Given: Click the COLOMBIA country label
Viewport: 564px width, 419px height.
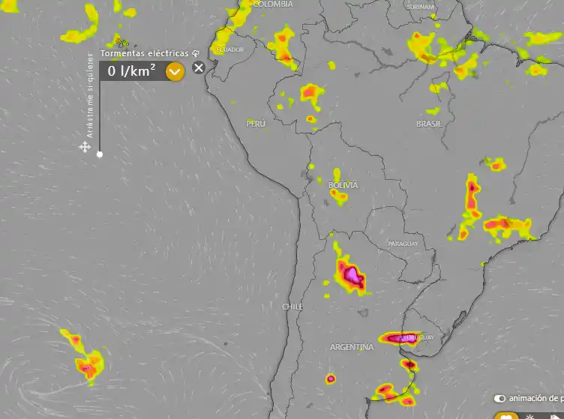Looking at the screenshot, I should click(x=273, y=4).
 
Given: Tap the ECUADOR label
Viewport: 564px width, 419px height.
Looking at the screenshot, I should click(x=230, y=49).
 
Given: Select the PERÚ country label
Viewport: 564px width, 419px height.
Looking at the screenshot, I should click(x=256, y=123).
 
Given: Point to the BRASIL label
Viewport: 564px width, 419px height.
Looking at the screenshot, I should click(x=429, y=123).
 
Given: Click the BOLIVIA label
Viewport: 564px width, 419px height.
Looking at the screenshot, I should click(x=343, y=184).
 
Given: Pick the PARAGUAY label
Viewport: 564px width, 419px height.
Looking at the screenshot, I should click(x=403, y=244).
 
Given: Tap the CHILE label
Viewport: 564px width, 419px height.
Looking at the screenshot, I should click(x=292, y=307).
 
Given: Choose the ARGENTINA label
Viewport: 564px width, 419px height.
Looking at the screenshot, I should click(x=352, y=347).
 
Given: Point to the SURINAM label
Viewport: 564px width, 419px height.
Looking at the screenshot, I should click(x=420, y=7).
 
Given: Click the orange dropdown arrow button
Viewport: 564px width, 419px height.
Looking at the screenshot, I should click(x=175, y=71).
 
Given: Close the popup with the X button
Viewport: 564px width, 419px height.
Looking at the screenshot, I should click(x=198, y=68).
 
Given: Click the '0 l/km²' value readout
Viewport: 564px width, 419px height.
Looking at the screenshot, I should click(x=131, y=71).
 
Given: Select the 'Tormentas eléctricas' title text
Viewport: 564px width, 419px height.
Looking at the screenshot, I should click(x=145, y=53).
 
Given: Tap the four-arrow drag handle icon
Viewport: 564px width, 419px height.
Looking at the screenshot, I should click(x=85, y=147).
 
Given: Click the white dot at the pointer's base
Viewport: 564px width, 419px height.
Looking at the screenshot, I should click(x=100, y=154).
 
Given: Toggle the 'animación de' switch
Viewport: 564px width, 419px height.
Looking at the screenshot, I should click(x=500, y=399).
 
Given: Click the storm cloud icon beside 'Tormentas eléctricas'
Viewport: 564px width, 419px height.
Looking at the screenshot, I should click(x=195, y=53).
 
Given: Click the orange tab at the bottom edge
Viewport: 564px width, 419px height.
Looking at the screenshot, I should click(x=508, y=415).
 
